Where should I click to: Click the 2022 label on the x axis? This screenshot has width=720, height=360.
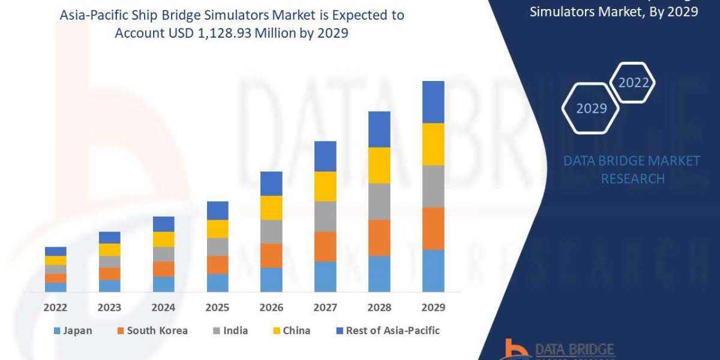[x=55, y=308]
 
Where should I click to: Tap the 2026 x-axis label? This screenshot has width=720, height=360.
[x=271, y=308]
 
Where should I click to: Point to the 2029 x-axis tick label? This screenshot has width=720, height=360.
[x=433, y=308]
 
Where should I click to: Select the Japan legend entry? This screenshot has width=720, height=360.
[x=73, y=331]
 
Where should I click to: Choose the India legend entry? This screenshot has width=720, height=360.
[x=230, y=331]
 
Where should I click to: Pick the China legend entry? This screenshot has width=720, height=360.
[x=290, y=331]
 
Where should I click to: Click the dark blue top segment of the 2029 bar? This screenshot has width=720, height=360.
[x=433, y=102]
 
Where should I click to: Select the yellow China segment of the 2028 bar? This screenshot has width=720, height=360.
[x=379, y=165]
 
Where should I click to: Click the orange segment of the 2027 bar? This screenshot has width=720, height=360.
[x=325, y=247]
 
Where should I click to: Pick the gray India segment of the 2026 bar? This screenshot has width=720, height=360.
[x=271, y=232]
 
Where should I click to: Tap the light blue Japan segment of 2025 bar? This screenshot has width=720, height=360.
[x=217, y=283]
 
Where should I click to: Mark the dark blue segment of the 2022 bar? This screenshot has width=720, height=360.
[x=55, y=251]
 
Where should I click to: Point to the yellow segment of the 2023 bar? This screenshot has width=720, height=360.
[x=109, y=250]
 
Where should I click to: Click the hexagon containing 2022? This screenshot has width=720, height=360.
[x=633, y=83]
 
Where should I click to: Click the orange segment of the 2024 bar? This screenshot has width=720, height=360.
[x=163, y=269]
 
